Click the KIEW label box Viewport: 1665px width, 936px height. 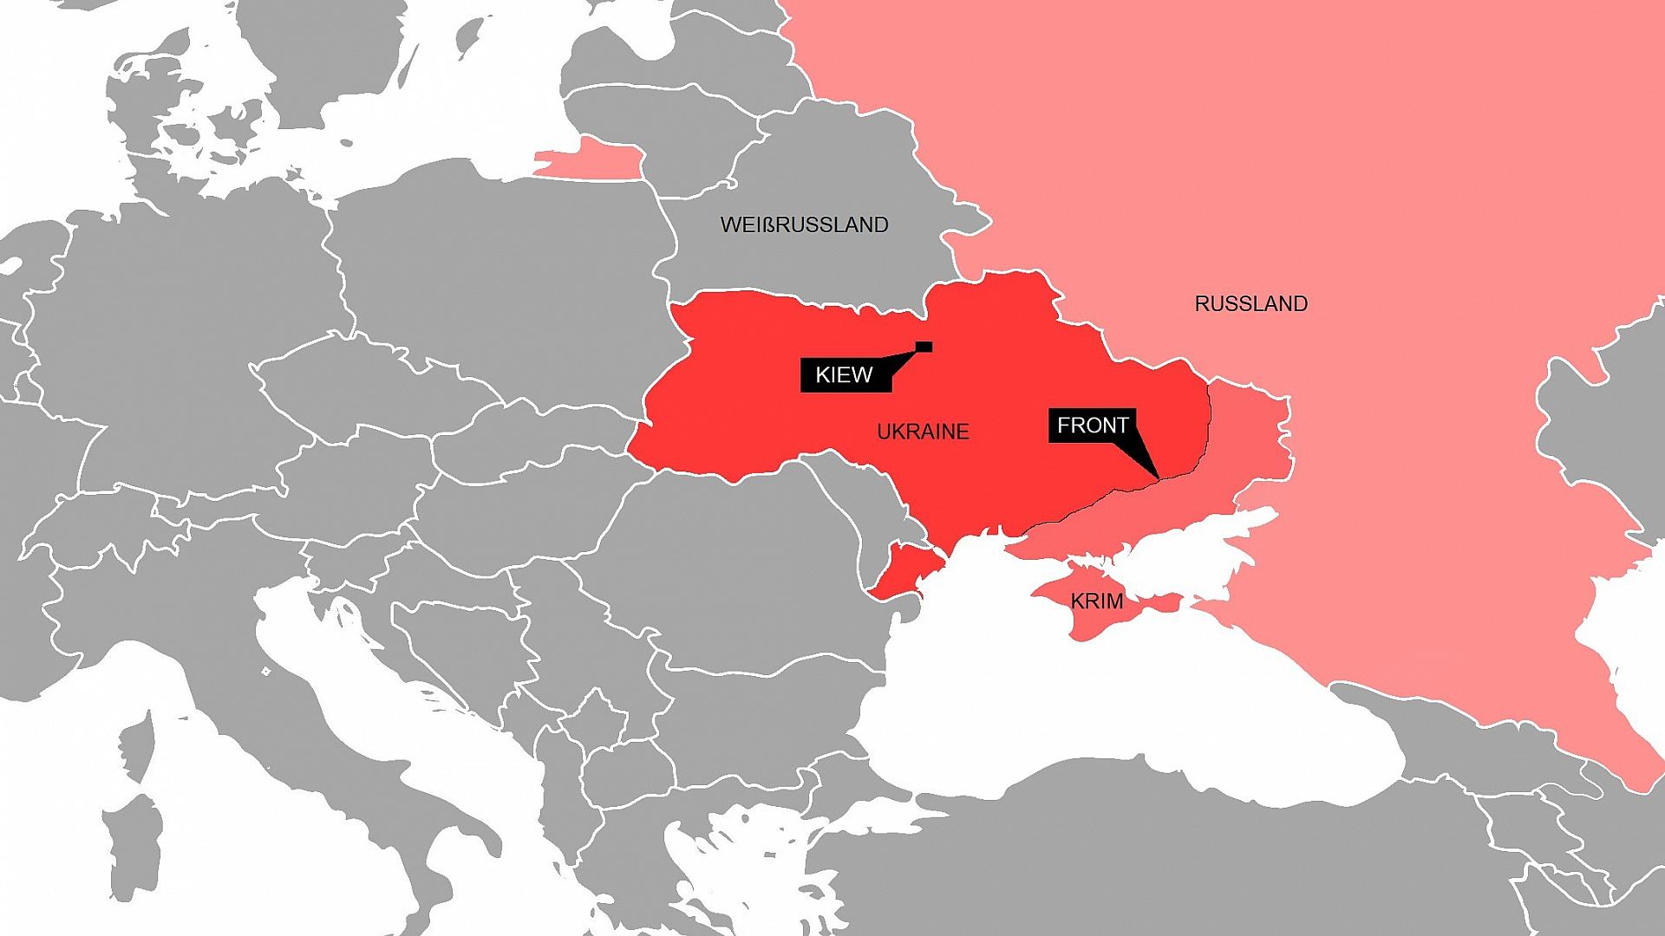(x=845, y=375)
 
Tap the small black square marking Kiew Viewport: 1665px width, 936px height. (x=924, y=347)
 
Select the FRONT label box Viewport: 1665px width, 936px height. (x=1092, y=426)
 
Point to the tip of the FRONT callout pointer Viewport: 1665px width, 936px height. (x=1159, y=478)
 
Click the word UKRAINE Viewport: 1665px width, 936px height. (x=923, y=432)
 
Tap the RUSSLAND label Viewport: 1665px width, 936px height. (x=1250, y=304)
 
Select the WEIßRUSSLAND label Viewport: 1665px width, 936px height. (x=804, y=225)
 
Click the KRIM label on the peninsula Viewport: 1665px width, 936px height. (x=1096, y=601)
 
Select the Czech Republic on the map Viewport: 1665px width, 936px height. (x=347, y=381)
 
